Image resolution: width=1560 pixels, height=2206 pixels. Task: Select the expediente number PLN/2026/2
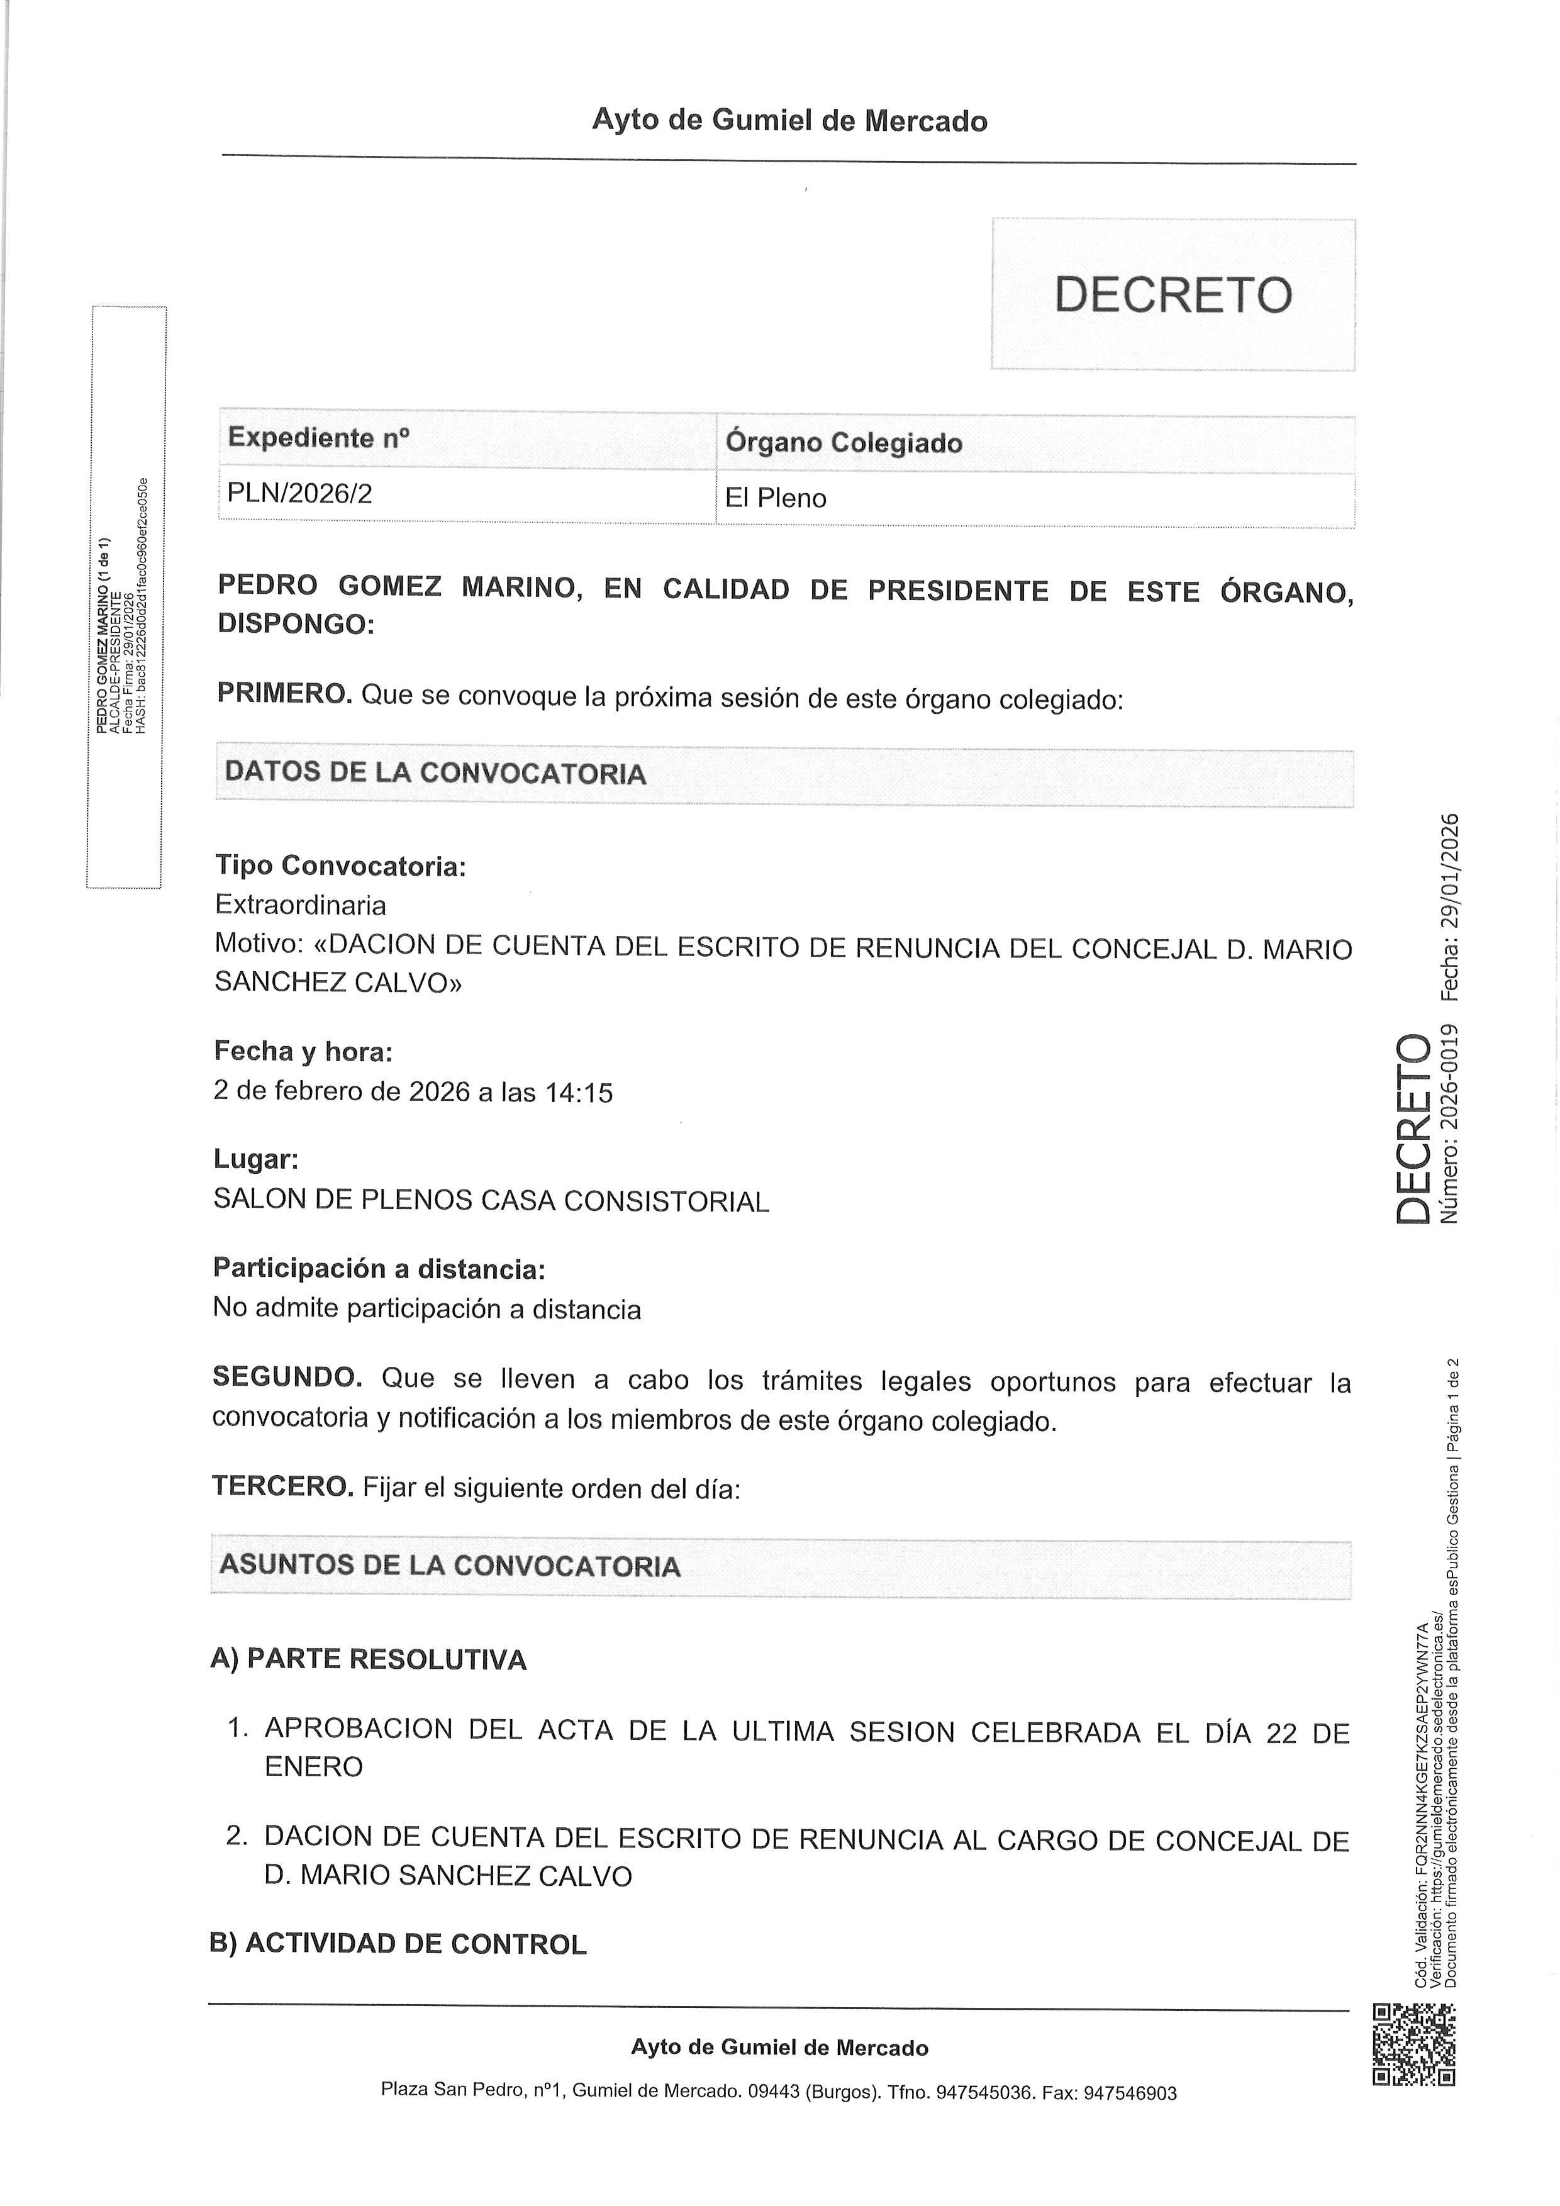pyautogui.click(x=299, y=494)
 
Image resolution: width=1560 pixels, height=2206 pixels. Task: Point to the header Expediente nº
pyautogui.click(x=318, y=438)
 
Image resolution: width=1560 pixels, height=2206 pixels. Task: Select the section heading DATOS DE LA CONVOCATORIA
pyautogui.click(x=435, y=774)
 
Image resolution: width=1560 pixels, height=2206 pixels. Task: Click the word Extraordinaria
pyautogui.click(x=301, y=905)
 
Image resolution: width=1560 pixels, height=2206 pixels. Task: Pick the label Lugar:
pyautogui.click(x=255, y=1160)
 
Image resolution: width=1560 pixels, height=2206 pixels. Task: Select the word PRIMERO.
pyautogui.click(x=284, y=694)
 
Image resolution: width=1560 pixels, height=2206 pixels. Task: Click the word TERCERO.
pyautogui.click(x=282, y=1486)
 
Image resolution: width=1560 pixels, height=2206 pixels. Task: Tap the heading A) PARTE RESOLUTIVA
pyautogui.click(x=368, y=1659)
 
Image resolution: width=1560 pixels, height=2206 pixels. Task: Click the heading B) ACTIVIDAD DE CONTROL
pyautogui.click(x=398, y=1944)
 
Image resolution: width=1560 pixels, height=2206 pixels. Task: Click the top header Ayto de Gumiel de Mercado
pyautogui.click(x=789, y=121)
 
